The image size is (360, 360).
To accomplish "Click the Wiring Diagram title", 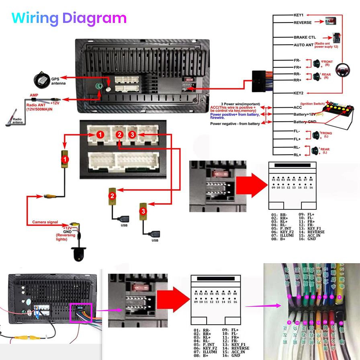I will coord(69,18).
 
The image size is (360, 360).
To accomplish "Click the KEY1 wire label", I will coord(299,15).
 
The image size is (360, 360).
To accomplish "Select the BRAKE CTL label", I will coord(305,37).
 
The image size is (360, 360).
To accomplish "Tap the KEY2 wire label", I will coord(299,93).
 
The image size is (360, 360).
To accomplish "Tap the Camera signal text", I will coord(45,222).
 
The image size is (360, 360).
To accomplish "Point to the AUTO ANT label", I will coord(303,45).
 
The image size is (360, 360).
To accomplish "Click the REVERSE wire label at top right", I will coord(303,22).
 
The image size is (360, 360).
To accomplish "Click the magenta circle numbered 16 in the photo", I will coord(341,323).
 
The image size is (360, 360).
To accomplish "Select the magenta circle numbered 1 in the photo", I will coord(289,296).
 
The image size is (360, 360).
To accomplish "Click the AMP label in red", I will coord(35,95).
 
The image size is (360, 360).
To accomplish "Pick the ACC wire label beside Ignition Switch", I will coord(298,107).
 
